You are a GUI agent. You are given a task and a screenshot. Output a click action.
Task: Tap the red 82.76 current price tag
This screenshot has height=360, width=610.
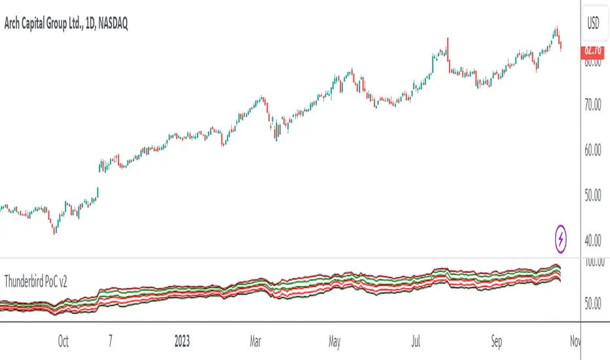pos(594,48)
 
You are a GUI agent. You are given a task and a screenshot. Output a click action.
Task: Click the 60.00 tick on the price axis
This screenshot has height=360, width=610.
pos(594,150)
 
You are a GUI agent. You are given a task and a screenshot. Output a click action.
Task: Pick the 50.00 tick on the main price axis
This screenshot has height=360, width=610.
pos(594,195)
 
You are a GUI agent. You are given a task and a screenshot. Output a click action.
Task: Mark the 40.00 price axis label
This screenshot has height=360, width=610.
pos(594,240)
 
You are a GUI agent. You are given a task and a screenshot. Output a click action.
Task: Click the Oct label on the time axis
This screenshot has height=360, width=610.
pos(63,341)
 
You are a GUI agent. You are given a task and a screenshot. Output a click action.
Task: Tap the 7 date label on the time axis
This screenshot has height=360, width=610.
pos(111,341)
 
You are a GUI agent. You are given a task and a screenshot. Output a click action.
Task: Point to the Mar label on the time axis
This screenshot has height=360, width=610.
pos(257,341)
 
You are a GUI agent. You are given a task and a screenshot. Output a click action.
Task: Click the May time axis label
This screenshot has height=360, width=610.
pos(336,341)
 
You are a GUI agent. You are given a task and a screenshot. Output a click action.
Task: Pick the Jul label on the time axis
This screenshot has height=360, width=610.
pos(416,341)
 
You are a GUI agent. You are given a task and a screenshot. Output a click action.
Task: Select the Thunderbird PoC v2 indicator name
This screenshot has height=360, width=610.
pos(37,281)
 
